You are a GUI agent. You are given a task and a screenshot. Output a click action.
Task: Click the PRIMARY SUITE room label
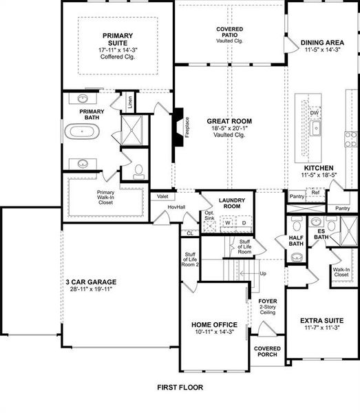click(118, 40)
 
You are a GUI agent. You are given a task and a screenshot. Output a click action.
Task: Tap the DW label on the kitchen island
click(314, 112)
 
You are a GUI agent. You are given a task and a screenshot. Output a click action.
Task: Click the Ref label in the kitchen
click(315, 193)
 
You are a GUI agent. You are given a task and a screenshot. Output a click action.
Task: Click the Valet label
click(162, 196)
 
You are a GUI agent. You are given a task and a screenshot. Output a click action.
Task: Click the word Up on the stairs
click(263, 274)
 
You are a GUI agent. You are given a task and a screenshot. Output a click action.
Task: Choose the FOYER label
click(268, 301)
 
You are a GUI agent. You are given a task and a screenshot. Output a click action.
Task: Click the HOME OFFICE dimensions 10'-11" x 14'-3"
click(214, 332)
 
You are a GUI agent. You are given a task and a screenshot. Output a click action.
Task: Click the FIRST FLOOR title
click(180, 388)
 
